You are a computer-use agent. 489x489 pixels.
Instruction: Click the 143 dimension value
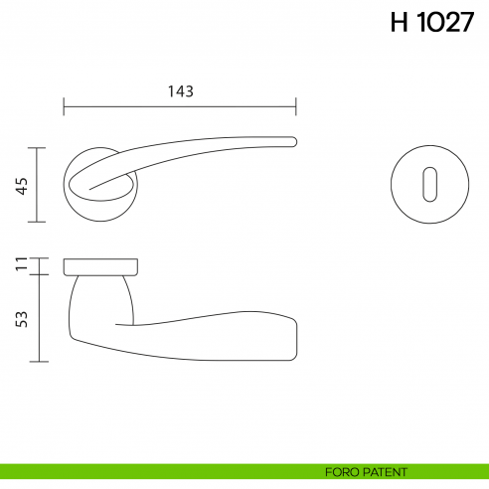click(180, 90)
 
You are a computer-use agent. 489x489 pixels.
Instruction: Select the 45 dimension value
click(20, 185)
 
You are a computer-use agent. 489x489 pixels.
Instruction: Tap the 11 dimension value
click(20, 265)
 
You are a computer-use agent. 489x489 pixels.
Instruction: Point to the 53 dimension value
click(20, 318)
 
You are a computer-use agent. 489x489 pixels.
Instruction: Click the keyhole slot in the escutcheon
click(427, 185)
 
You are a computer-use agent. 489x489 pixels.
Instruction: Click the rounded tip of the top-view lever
click(293, 140)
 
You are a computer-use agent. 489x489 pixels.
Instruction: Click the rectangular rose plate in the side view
click(100, 265)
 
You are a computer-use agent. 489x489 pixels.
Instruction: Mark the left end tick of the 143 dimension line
click(64, 104)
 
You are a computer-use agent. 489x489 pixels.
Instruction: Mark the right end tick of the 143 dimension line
click(296, 104)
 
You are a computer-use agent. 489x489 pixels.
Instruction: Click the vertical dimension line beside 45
click(38, 185)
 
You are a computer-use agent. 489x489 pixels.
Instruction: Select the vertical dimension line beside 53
click(38, 318)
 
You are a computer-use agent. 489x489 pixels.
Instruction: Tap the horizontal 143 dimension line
click(180, 104)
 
